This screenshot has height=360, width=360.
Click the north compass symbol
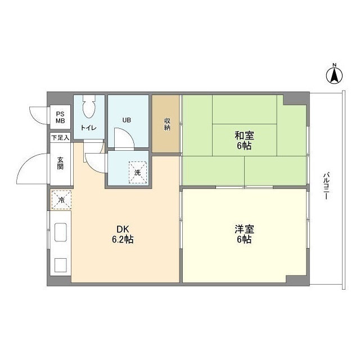click(334, 74)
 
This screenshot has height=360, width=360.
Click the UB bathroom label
click(127, 119)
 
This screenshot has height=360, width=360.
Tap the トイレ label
click(88, 128)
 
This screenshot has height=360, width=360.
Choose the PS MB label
click(60, 117)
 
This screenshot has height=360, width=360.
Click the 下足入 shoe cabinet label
click(60, 137)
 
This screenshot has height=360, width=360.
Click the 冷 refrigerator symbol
click(61, 200)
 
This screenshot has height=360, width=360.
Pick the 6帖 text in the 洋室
click(244, 240)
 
